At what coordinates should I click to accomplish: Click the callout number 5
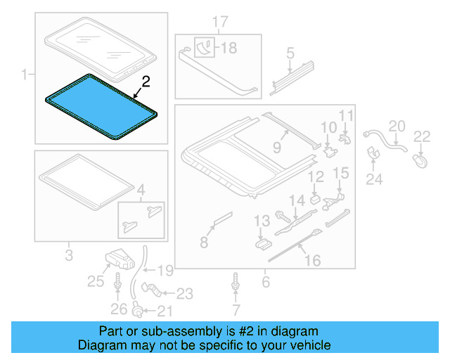coord(289,52)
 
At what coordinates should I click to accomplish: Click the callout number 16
coord(311,261)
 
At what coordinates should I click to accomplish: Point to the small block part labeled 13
coord(263,243)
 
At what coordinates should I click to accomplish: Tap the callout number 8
coord(204,243)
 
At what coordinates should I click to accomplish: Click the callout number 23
coord(184,293)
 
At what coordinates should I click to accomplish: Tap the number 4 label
coord(141,188)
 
